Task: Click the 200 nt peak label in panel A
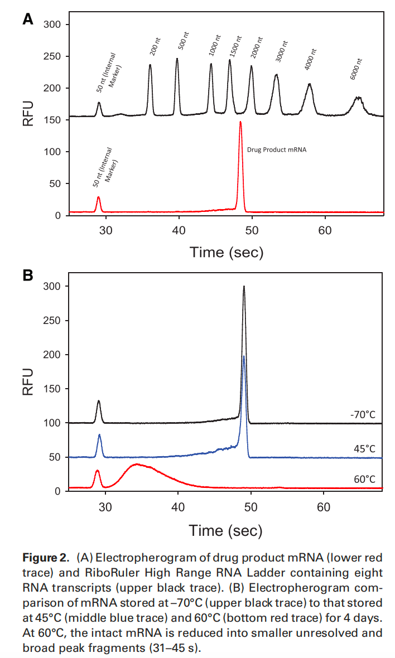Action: (x=155, y=49)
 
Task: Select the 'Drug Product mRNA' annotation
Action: (x=277, y=149)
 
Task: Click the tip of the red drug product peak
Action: (x=240, y=122)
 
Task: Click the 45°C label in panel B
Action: (x=364, y=449)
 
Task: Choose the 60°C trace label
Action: (x=364, y=479)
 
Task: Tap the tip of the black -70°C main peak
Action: (x=244, y=287)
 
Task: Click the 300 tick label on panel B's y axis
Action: (x=59, y=286)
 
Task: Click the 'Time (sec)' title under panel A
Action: (x=226, y=252)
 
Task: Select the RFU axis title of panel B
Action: (x=28, y=382)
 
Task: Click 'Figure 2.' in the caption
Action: (x=46, y=558)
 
